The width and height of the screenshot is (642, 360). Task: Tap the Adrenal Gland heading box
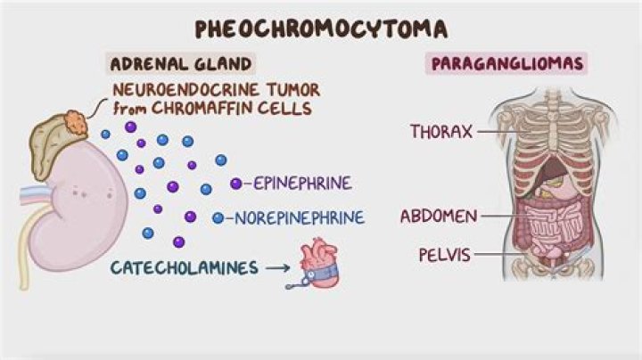180,64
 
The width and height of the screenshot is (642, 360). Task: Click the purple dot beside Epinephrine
236,184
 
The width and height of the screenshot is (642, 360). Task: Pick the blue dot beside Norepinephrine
218,217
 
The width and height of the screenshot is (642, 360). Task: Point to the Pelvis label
443,255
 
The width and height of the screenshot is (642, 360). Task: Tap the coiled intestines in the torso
546,228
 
